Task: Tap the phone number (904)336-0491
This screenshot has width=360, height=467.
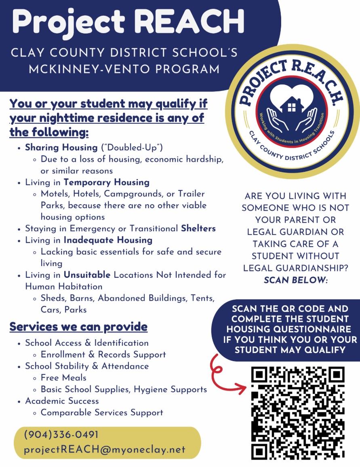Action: pyautogui.click(x=61, y=435)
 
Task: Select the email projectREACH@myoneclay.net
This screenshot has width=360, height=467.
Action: pyautogui.click(x=105, y=449)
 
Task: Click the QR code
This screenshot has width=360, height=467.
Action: pyautogui.click(x=299, y=412)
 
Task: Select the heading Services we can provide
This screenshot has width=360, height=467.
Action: pyautogui.click(x=78, y=326)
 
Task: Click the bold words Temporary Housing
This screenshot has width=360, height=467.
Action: pyautogui.click(x=107, y=182)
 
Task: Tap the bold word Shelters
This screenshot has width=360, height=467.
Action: pyautogui.click(x=198, y=228)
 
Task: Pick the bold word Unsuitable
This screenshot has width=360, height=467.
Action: pyautogui.click(x=87, y=275)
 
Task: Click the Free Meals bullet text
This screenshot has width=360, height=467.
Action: pyautogui.click(x=63, y=378)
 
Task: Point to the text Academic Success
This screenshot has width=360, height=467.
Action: pyautogui.click(x=62, y=401)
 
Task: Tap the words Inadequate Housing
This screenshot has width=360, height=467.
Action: pyautogui.click(x=108, y=240)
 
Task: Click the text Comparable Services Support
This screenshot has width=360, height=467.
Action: pyautogui.click(x=102, y=412)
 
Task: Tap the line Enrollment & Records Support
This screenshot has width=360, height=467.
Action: pyautogui.click(x=103, y=355)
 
